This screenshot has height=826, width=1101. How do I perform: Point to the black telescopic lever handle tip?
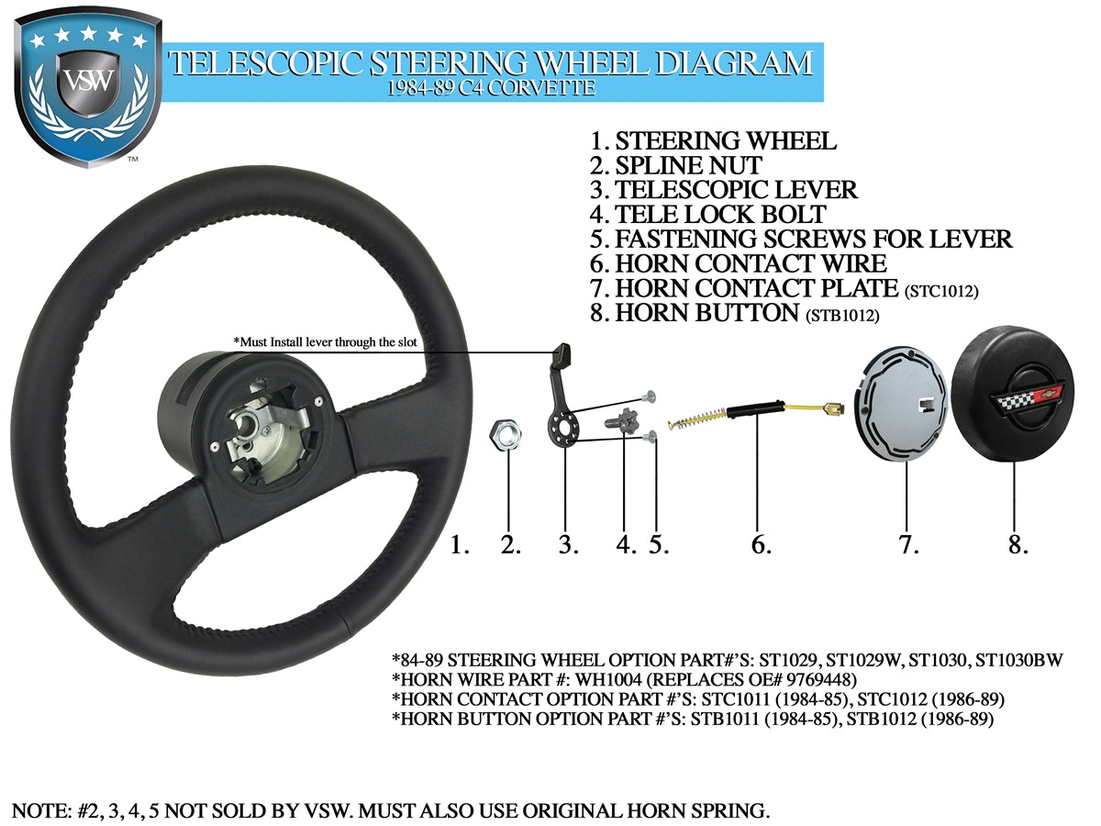(564, 352)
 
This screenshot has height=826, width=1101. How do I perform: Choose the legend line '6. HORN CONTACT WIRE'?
(738, 264)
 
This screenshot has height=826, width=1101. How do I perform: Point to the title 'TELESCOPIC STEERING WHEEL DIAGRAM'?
(490, 63)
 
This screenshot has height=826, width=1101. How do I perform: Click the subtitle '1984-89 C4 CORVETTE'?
(490, 88)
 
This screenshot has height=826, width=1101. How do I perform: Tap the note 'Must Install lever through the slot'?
(326, 342)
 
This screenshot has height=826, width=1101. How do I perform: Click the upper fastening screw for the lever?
(651, 395)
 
